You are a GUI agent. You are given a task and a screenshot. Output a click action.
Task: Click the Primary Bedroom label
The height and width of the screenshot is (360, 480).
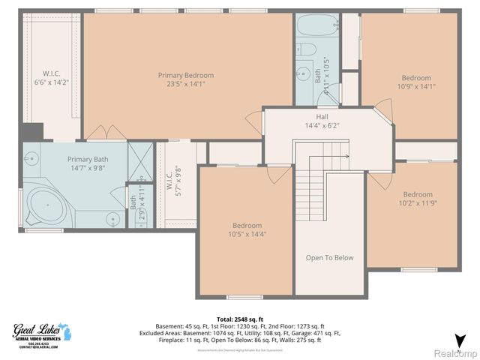click(x=185, y=75)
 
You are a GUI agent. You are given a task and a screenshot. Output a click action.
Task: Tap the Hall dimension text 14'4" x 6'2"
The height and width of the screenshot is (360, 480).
click(x=322, y=126)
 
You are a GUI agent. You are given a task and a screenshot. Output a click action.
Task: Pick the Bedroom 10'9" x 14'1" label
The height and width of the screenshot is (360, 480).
click(x=416, y=78)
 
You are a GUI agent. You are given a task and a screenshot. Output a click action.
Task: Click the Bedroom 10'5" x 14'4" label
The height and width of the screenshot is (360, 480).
click(x=247, y=226)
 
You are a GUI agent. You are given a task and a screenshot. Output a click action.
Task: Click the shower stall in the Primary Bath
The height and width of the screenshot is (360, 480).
click(x=139, y=157)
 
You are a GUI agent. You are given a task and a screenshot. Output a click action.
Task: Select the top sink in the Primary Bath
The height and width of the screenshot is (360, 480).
click(x=31, y=158)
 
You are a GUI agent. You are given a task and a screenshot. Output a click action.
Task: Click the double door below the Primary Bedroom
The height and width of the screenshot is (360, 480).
click(x=106, y=133)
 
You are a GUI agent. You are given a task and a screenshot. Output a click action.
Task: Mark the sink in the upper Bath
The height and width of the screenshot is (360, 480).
click(x=303, y=73)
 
